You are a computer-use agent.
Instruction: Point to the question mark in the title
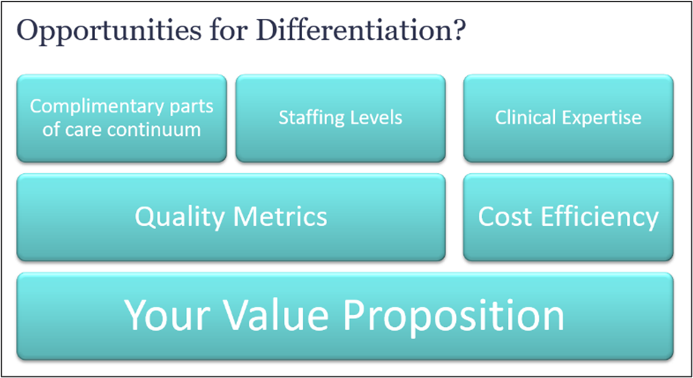click(458, 30)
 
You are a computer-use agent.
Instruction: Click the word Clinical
click(525, 117)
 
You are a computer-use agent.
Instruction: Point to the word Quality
click(181, 218)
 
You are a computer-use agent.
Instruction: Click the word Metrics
click(280, 216)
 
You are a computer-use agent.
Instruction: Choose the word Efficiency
click(600, 218)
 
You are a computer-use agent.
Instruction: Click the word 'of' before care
click(51, 129)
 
